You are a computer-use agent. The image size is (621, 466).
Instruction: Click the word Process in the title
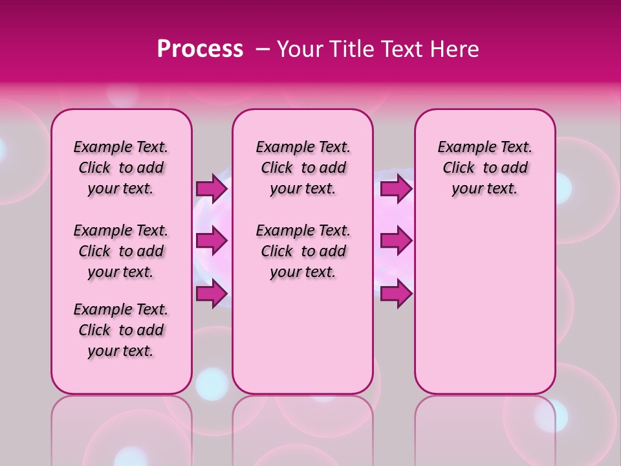[x=200, y=49]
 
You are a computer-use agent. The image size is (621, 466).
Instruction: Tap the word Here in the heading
[x=455, y=49]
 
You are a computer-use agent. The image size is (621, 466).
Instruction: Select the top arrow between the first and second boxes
[x=212, y=188]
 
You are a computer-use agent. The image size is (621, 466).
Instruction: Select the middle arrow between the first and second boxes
[x=212, y=241]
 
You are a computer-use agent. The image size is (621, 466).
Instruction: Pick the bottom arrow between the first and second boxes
[x=212, y=293]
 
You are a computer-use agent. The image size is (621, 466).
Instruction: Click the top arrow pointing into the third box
[x=396, y=188]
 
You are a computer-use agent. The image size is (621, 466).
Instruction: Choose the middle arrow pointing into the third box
[x=396, y=241]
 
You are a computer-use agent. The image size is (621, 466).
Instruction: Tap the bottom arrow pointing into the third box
[x=396, y=293]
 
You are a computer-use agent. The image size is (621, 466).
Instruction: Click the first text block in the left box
[x=121, y=168]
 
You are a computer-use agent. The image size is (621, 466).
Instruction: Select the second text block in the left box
[x=121, y=251]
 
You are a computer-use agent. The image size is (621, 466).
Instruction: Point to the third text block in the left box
[x=121, y=330]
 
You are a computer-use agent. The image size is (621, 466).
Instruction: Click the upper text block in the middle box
[x=303, y=168]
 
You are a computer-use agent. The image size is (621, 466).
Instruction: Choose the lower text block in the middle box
[x=303, y=251]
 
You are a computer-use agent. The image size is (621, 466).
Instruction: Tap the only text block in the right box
[x=485, y=168]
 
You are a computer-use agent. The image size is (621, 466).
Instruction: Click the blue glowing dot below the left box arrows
[x=212, y=383]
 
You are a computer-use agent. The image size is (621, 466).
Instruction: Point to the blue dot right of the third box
[x=561, y=188]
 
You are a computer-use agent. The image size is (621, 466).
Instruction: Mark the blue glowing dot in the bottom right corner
[x=550, y=415]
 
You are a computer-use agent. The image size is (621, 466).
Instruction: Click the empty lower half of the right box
[x=485, y=311]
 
